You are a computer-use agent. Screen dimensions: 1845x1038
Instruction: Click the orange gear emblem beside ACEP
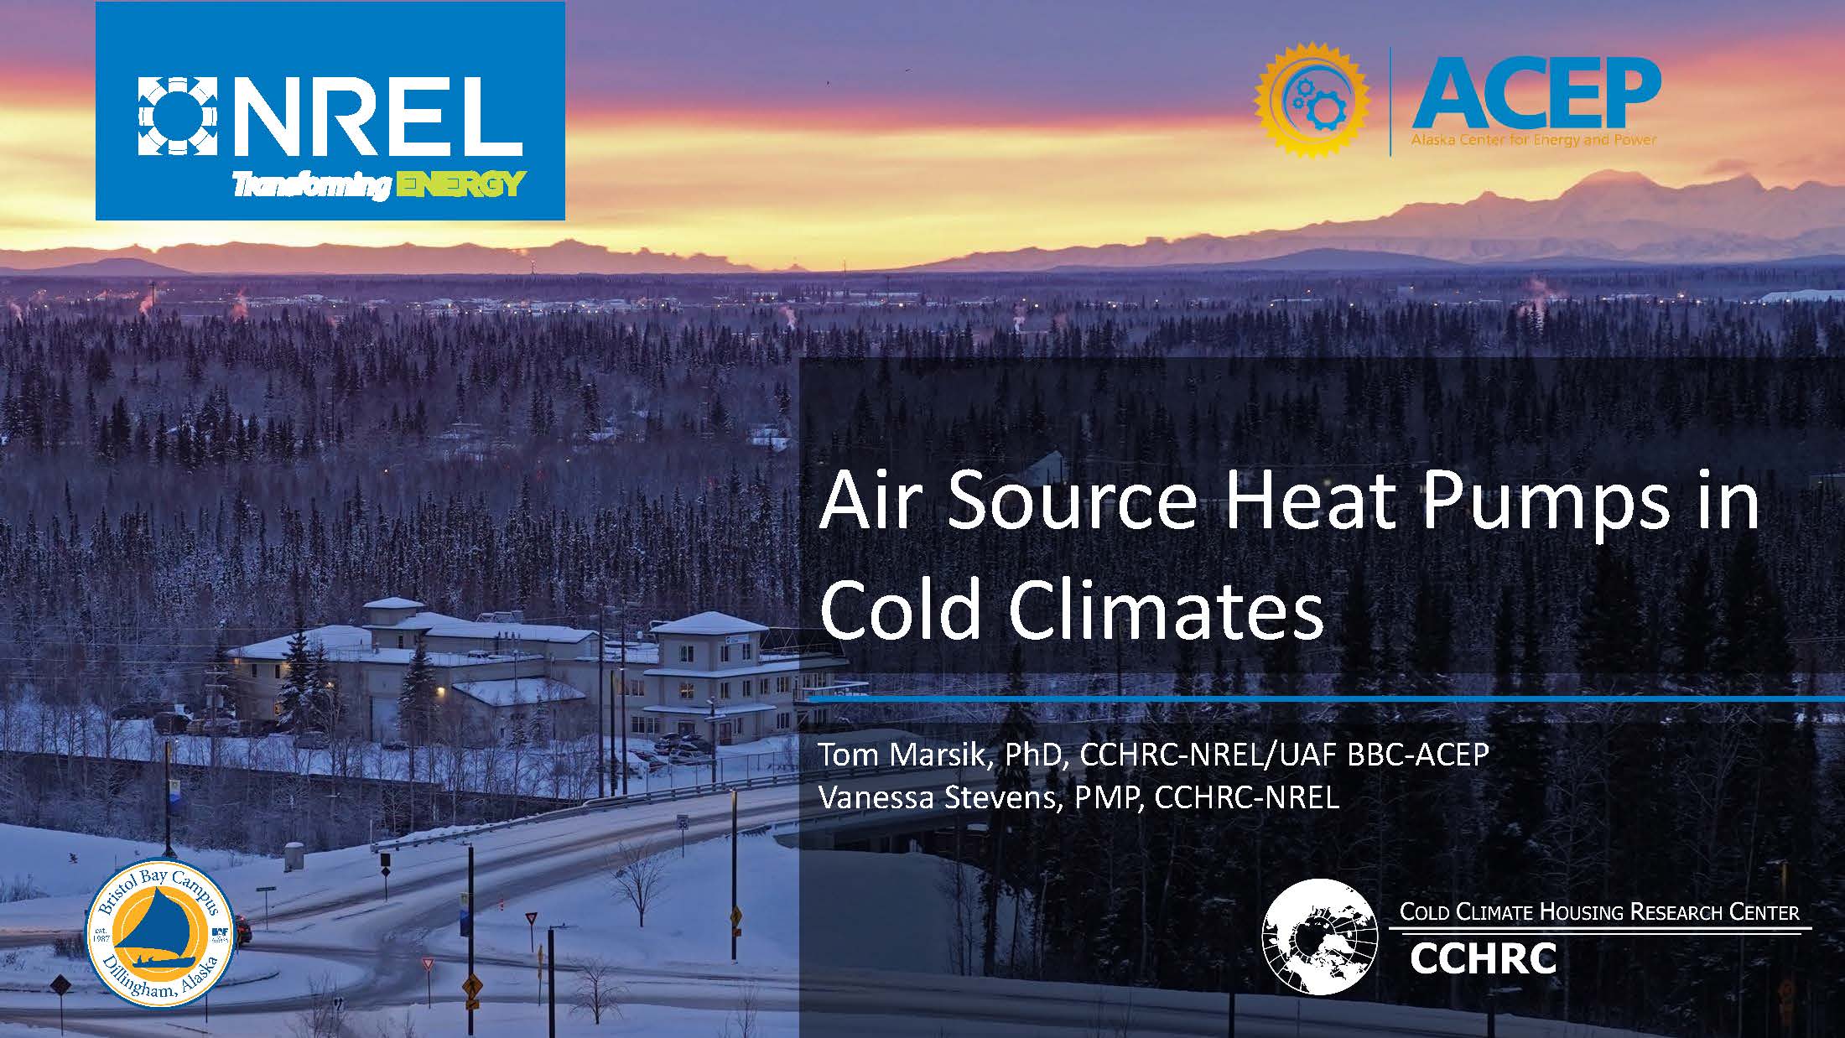1312,99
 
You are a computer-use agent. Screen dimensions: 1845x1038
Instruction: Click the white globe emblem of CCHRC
1320,937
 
